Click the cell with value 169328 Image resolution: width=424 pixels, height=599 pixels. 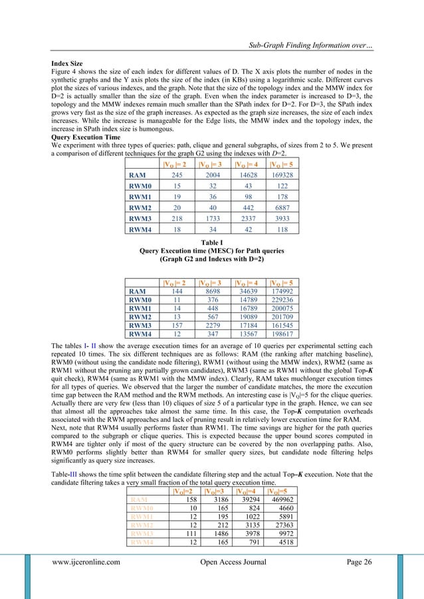pos(278,175)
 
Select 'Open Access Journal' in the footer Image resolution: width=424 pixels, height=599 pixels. pos(228,580)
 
